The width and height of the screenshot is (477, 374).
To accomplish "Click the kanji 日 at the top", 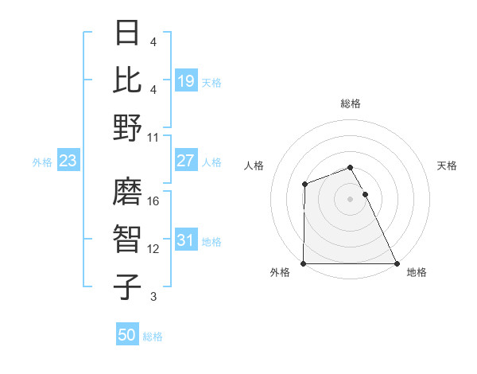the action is [128, 33].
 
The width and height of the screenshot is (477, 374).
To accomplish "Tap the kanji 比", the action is [128, 80].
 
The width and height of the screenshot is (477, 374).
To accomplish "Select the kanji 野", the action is [128, 127].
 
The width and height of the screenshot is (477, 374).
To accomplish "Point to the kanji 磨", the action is [128, 192].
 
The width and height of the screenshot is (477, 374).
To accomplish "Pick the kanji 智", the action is [128, 240].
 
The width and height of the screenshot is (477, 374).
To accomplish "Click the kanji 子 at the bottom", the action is [128, 287].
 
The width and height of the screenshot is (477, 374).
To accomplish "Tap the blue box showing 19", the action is [186, 80].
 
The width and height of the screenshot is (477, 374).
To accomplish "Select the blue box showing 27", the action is [186, 161].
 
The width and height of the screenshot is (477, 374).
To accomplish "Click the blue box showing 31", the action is [186, 240].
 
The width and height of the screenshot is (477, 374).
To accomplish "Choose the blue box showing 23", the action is [68, 161].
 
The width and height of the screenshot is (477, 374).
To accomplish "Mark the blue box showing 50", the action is [127, 335].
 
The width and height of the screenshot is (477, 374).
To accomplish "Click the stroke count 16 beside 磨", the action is [154, 201].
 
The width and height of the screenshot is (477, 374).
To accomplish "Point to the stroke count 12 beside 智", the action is [154, 249].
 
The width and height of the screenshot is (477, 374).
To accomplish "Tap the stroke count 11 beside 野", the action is [154, 137].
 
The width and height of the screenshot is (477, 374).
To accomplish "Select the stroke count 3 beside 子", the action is [153, 297].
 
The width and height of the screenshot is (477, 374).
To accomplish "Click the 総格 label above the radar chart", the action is [351, 103].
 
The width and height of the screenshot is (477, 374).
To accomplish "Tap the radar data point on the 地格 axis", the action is [397, 263].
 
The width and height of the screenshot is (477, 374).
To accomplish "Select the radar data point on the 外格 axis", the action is [304, 263].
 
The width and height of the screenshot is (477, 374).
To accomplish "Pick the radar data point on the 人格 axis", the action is [304, 185].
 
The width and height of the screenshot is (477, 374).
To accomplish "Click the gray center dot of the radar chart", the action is [351, 198].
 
